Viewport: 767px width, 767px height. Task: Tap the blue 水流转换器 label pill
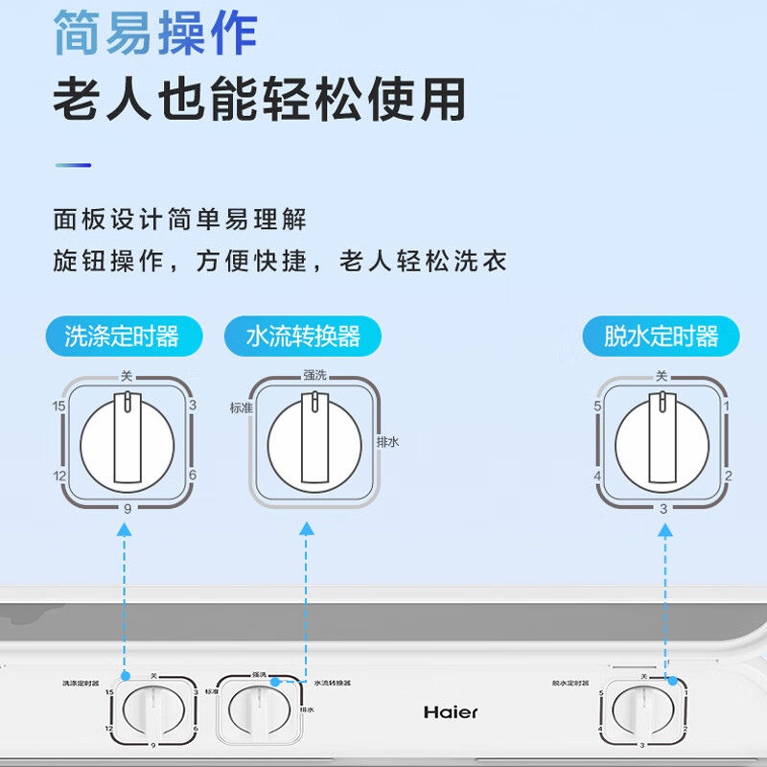[x=303, y=337]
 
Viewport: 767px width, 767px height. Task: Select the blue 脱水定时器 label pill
[x=662, y=337]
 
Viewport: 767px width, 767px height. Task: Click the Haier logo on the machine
[x=451, y=712]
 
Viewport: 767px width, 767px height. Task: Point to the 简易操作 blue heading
[x=155, y=34]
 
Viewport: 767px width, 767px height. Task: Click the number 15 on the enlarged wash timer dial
[x=59, y=407]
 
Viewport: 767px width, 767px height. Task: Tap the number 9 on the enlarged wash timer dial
[x=127, y=508]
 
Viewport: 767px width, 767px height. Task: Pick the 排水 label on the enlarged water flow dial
[x=388, y=442]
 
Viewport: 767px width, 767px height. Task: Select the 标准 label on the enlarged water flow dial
[x=240, y=407]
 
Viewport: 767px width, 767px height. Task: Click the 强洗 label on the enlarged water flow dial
[x=314, y=375]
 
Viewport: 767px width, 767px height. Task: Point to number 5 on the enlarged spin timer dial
[x=596, y=407]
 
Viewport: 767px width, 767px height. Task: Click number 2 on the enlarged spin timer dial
[x=728, y=476]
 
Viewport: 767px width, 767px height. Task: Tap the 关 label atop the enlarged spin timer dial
[x=661, y=375]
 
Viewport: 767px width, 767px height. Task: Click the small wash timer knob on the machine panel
[x=153, y=714]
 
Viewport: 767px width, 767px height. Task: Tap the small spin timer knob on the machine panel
[x=642, y=714]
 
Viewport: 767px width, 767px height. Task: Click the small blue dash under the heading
[x=73, y=165]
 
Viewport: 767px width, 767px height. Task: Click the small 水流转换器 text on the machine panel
[x=333, y=683]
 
